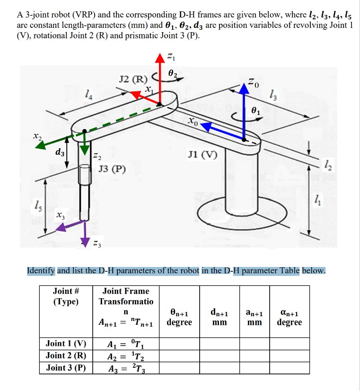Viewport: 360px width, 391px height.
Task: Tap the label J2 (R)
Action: (134, 78)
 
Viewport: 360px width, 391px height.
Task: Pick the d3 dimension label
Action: (59, 152)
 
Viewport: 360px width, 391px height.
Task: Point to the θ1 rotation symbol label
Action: (255, 111)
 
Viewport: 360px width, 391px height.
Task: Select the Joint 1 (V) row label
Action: (66, 344)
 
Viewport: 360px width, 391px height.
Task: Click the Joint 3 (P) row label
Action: (66, 367)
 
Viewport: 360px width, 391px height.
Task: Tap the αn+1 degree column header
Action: (289, 317)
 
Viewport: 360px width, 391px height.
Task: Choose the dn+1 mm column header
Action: (219, 317)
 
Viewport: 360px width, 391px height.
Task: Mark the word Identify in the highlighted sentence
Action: (41, 271)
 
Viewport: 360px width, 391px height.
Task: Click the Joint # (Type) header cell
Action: (66, 296)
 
